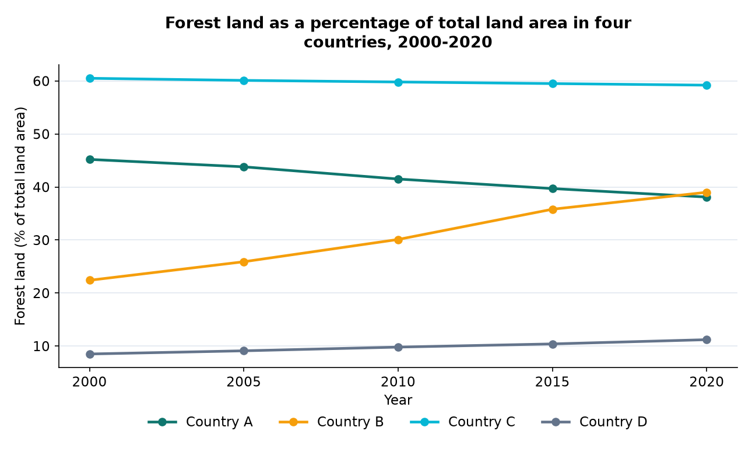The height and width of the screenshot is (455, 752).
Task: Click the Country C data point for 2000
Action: [x=90, y=79]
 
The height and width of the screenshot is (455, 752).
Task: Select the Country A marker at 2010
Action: [x=398, y=179]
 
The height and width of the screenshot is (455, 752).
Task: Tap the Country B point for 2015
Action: [x=553, y=209]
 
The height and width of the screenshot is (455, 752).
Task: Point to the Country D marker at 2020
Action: [x=707, y=339]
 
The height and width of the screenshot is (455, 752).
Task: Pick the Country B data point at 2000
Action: [x=90, y=280]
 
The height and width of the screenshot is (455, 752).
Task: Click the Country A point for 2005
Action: [x=244, y=167]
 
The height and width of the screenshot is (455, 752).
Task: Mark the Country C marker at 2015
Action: [x=553, y=83]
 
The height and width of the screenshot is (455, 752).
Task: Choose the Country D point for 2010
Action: [x=398, y=347]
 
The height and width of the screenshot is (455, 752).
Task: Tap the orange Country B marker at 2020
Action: [x=707, y=192]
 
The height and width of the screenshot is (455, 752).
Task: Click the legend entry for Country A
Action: [x=200, y=422]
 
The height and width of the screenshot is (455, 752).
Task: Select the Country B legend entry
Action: [x=331, y=422]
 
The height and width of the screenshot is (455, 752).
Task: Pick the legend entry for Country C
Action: [x=463, y=422]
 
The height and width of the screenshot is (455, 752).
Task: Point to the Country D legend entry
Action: [x=594, y=422]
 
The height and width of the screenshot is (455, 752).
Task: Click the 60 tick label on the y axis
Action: [x=41, y=81]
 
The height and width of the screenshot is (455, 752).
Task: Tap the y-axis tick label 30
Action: [x=41, y=240]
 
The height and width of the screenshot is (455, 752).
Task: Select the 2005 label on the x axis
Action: [x=244, y=382]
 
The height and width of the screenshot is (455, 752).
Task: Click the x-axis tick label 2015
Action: [x=552, y=382]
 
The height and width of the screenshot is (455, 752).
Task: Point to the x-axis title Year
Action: [x=398, y=400]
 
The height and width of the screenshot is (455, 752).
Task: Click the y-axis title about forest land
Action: [x=20, y=216]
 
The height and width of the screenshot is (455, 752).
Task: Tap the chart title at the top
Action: [x=398, y=33]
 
